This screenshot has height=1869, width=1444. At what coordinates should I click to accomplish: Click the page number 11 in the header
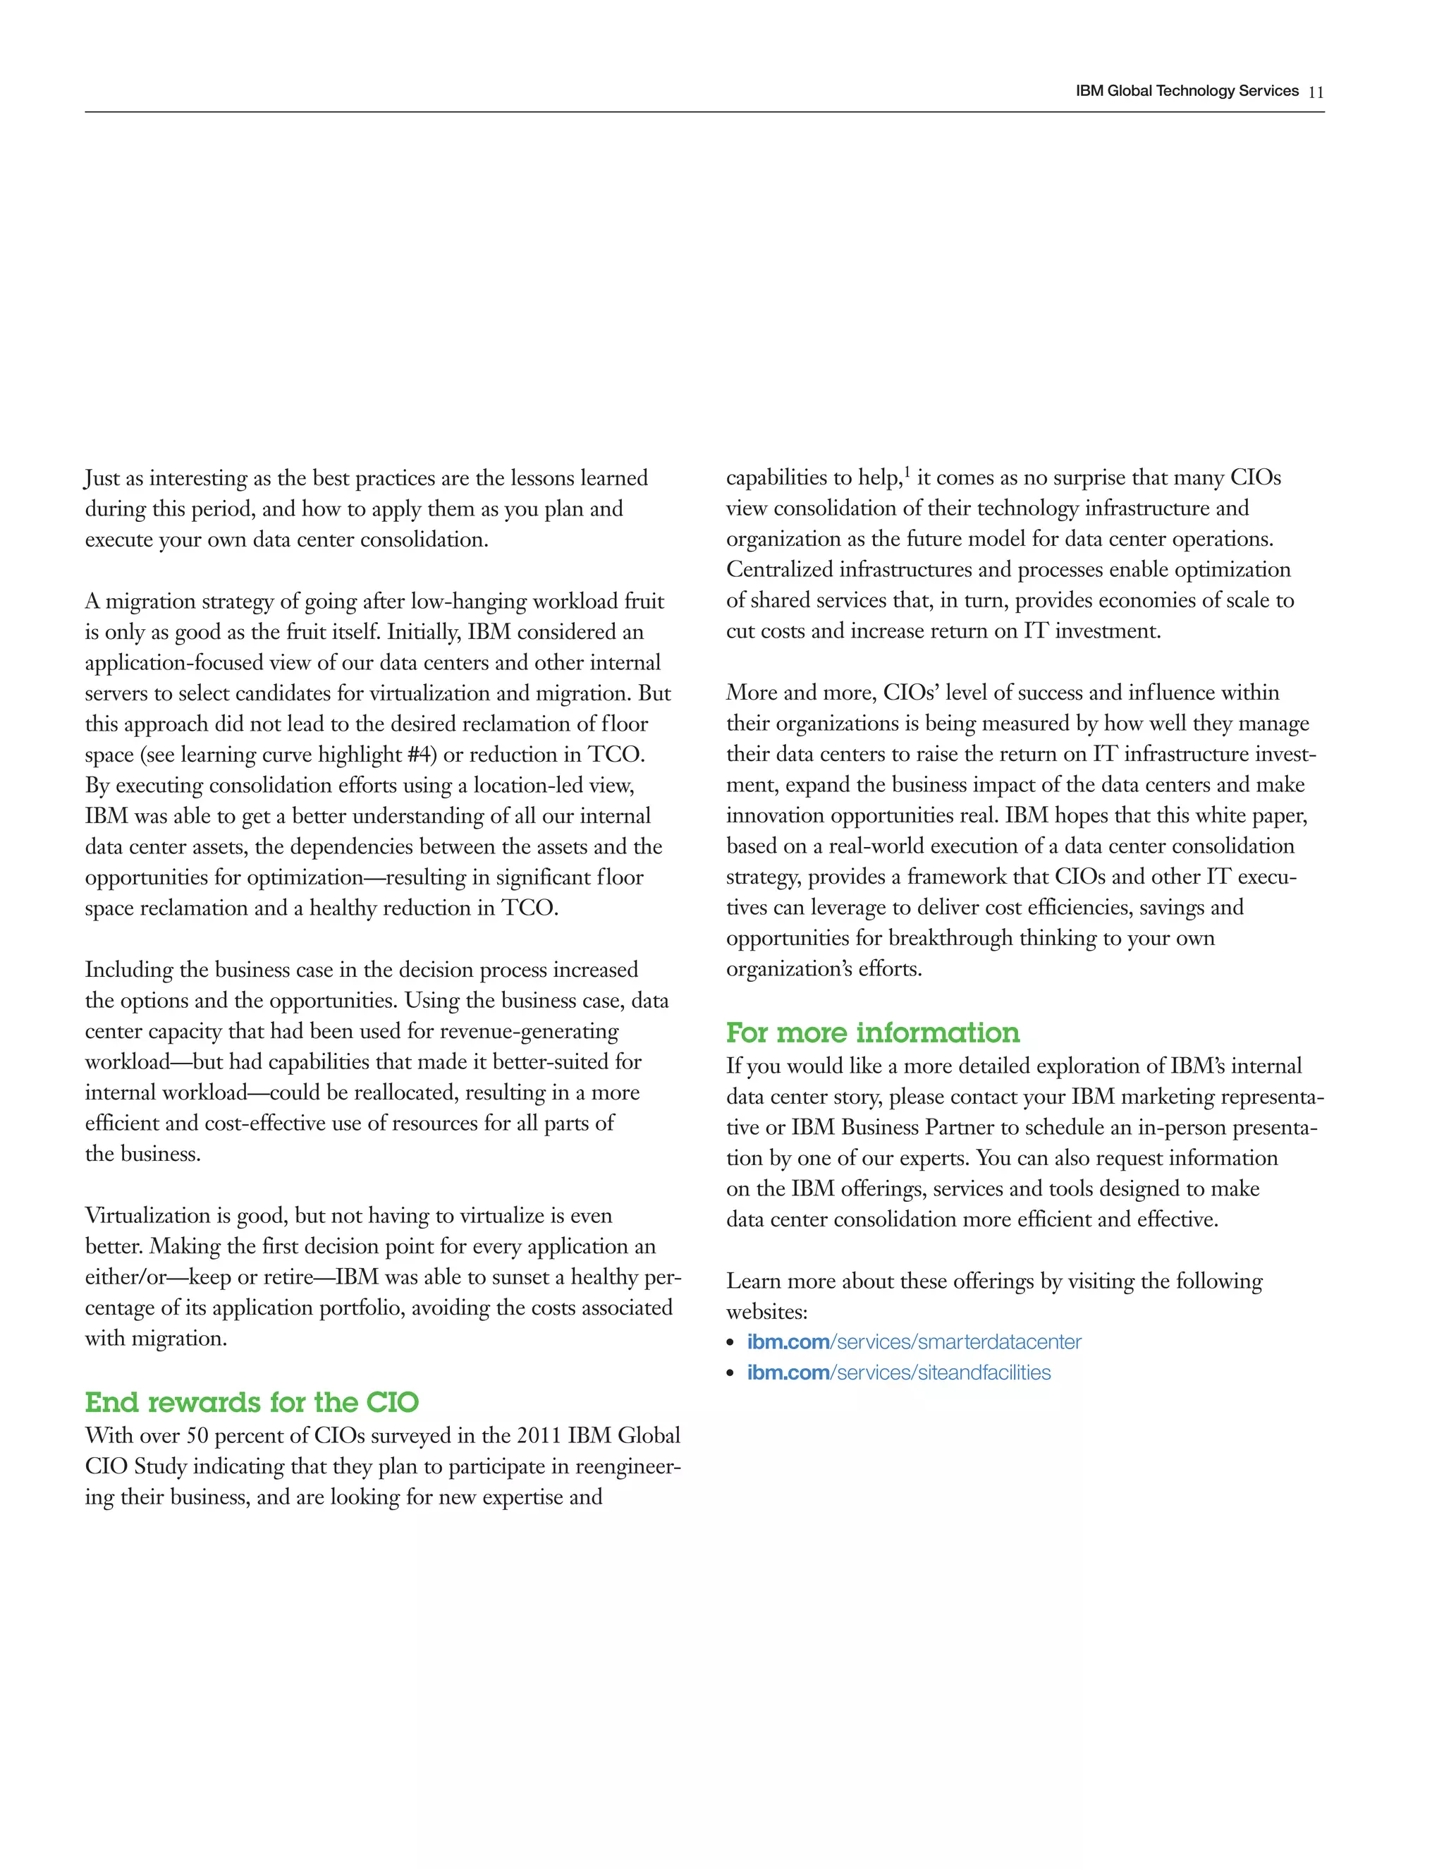tap(1316, 92)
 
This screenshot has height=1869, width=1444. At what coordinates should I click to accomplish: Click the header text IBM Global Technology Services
tap(1187, 92)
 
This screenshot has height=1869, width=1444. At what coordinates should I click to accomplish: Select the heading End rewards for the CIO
tap(252, 1403)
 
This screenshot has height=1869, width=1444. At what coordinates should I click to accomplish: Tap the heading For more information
tap(873, 1033)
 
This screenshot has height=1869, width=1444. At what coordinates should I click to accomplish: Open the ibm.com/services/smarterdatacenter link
tap(914, 1342)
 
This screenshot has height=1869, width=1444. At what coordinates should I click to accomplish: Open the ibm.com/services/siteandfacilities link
tap(898, 1372)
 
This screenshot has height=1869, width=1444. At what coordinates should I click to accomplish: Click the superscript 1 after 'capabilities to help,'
tap(907, 472)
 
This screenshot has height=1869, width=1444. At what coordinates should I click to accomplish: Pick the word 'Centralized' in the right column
tap(779, 570)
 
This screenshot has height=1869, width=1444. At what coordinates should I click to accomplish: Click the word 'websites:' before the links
tap(766, 1312)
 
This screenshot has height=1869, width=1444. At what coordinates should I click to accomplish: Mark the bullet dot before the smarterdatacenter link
tap(730, 1344)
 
